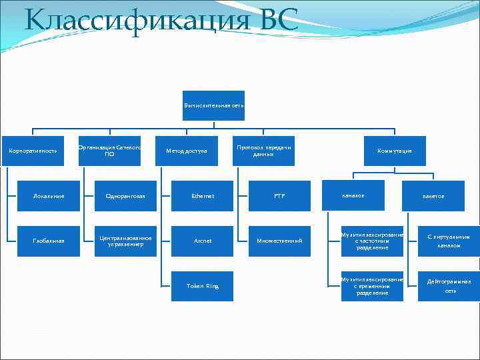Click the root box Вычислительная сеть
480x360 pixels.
(x=213, y=105)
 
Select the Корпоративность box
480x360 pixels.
(x=33, y=151)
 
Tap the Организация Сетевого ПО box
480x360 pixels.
(x=109, y=151)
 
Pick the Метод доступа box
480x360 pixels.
(x=187, y=151)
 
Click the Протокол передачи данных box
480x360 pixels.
(x=263, y=151)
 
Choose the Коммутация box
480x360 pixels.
(x=395, y=151)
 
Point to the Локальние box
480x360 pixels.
(x=49, y=196)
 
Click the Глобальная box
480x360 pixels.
(x=49, y=241)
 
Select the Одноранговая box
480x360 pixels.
(x=125, y=196)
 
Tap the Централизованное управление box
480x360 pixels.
(x=125, y=241)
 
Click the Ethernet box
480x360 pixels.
(x=202, y=196)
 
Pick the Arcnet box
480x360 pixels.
(x=202, y=241)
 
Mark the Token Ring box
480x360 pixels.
(x=202, y=286)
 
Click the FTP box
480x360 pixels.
(x=279, y=196)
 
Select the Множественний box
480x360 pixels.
(x=279, y=241)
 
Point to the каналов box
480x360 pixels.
(x=354, y=195)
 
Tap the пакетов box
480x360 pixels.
(x=433, y=196)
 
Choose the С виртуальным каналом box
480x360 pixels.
(x=448, y=241)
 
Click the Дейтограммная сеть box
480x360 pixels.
(x=448, y=286)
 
